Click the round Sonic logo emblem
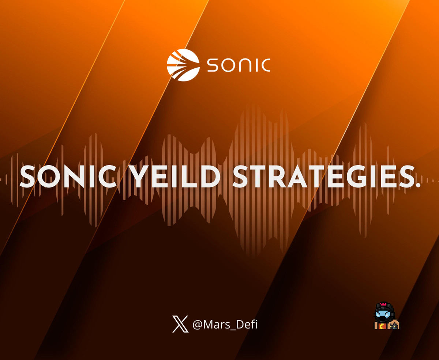pyautogui.click(x=183, y=65)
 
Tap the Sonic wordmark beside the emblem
pyautogui.click(x=239, y=65)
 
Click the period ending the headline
pyautogui.click(x=417, y=185)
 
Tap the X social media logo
pyautogui.click(x=180, y=324)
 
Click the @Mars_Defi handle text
pyautogui.click(x=225, y=325)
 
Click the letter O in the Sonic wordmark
pyautogui.click(x=229, y=65)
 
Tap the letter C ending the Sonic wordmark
pyautogui.click(x=265, y=65)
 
